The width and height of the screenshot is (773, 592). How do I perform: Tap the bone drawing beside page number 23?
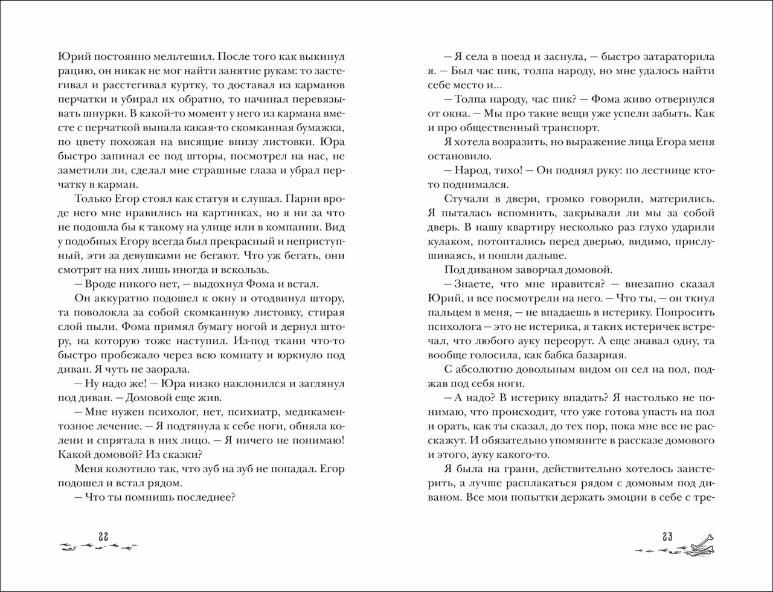point(701,545)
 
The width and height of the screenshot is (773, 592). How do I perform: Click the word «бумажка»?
point(322,127)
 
